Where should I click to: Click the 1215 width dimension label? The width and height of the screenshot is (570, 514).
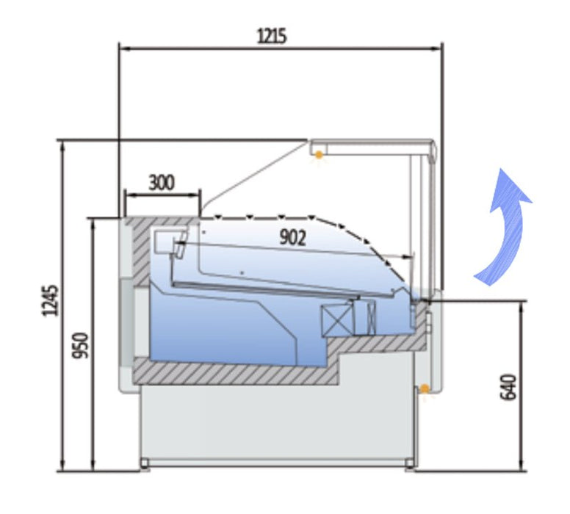271,35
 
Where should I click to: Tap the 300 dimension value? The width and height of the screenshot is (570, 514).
162,183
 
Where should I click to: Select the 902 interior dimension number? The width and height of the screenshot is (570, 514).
292,236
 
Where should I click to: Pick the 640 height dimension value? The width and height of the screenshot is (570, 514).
508,387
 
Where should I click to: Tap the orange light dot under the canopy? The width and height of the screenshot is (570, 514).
319,154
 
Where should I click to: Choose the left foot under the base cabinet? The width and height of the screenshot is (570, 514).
145,464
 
